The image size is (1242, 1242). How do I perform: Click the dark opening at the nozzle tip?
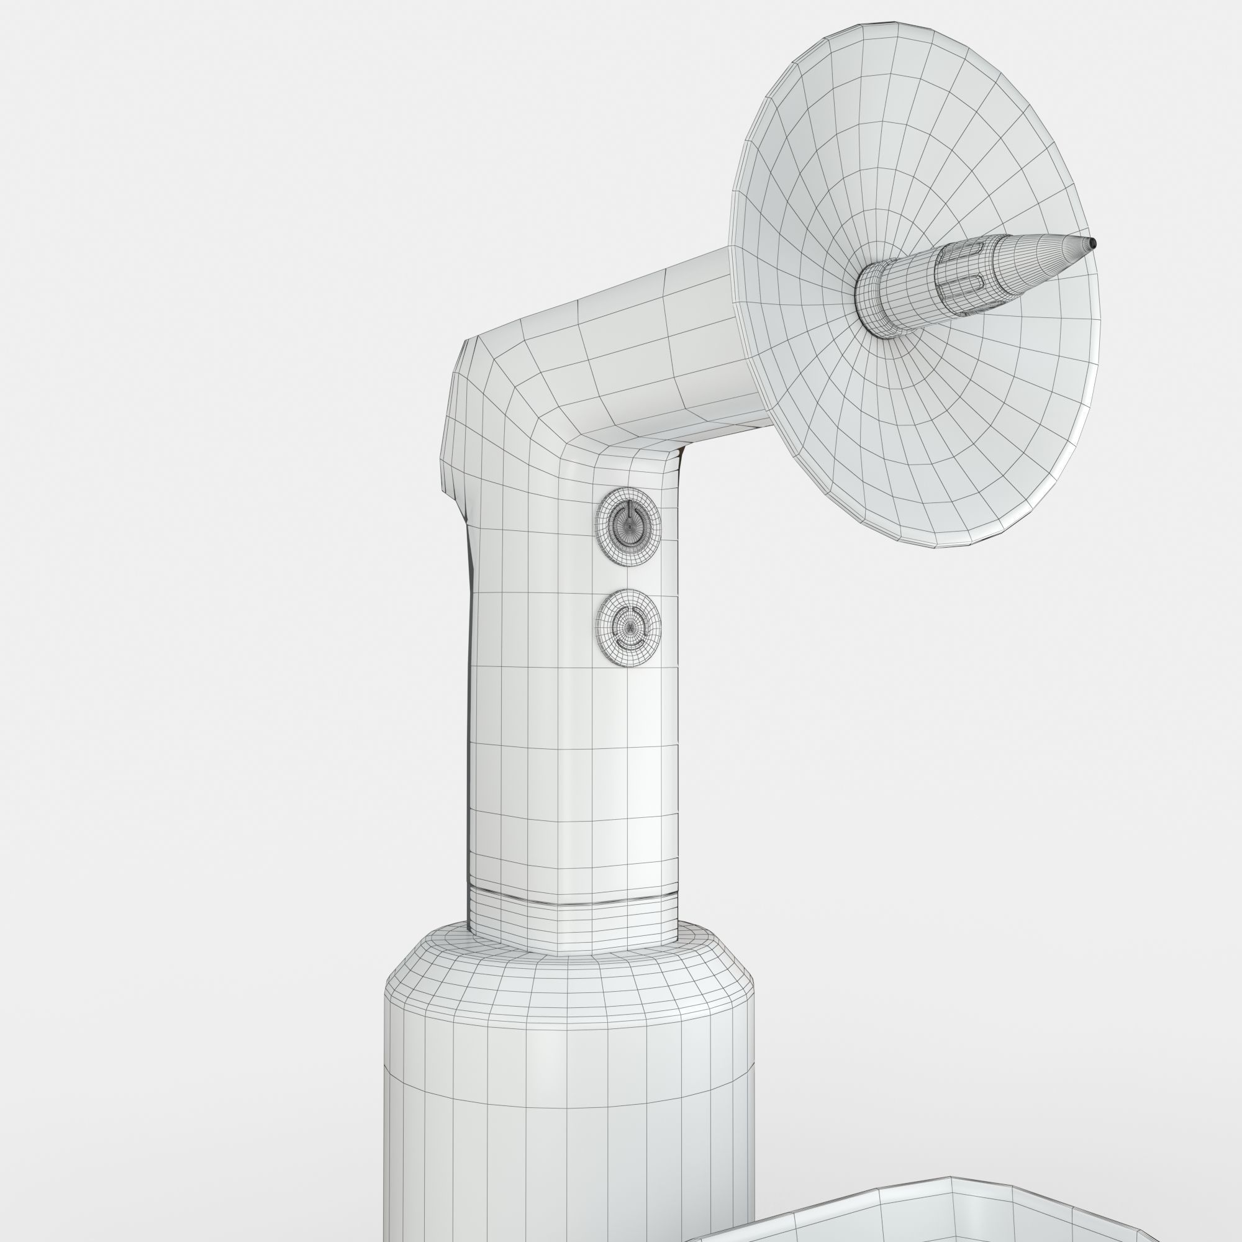click(x=1092, y=243)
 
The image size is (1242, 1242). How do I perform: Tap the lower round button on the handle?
click(x=628, y=627)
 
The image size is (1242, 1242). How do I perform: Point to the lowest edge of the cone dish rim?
click(x=951, y=547)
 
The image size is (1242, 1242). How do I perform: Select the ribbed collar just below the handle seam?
click(x=572, y=926)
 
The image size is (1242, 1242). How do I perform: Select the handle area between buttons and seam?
click(x=572, y=771)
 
